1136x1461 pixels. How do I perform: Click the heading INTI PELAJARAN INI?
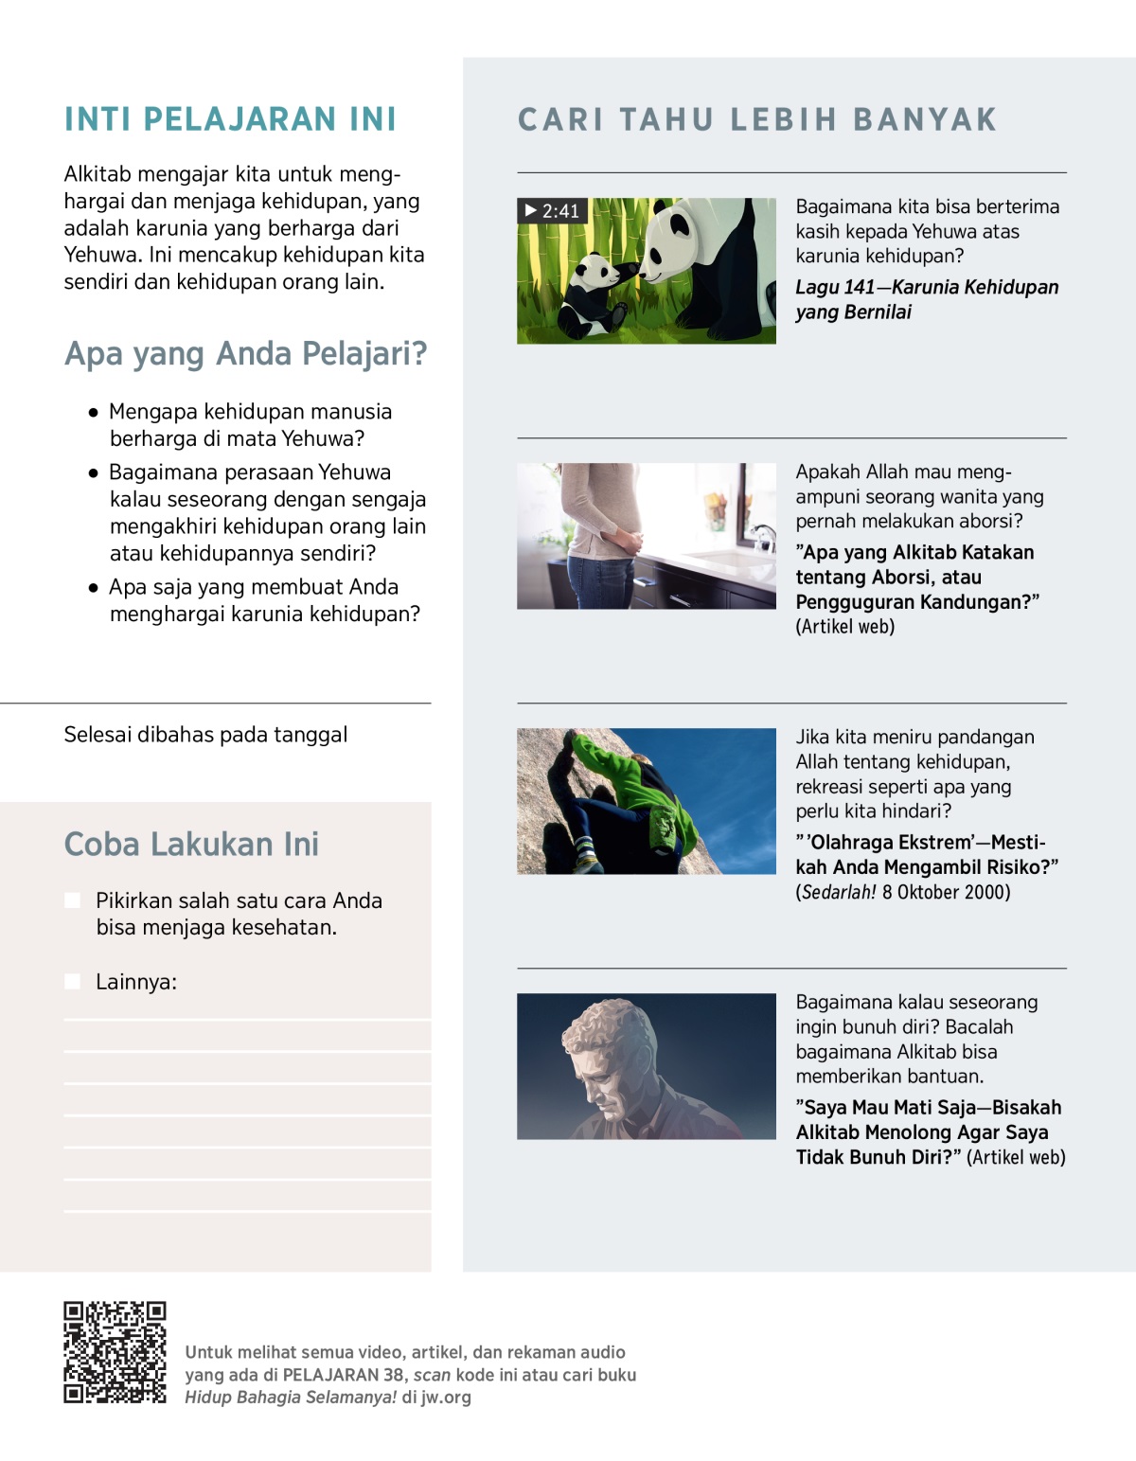click(230, 119)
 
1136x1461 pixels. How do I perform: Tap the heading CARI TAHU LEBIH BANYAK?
click(757, 119)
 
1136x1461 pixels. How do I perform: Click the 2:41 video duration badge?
click(553, 210)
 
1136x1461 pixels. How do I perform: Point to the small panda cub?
click(593, 292)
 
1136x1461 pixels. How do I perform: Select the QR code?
click(115, 1351)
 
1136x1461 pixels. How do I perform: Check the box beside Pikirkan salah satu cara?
click(73, 900)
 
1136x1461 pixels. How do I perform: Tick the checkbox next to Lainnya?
click(73, 982)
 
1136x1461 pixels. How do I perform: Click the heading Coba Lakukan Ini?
click(191, 844)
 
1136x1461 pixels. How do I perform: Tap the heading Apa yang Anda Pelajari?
click(245, 353)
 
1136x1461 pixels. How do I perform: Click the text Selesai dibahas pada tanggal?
click(205, 735)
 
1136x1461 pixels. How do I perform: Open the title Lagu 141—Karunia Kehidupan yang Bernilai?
click(926, 299)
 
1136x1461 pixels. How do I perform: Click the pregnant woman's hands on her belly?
click(626, 543)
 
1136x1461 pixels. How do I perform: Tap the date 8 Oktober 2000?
click(946, 892)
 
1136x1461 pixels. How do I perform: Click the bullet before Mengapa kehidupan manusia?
click(93, 413)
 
